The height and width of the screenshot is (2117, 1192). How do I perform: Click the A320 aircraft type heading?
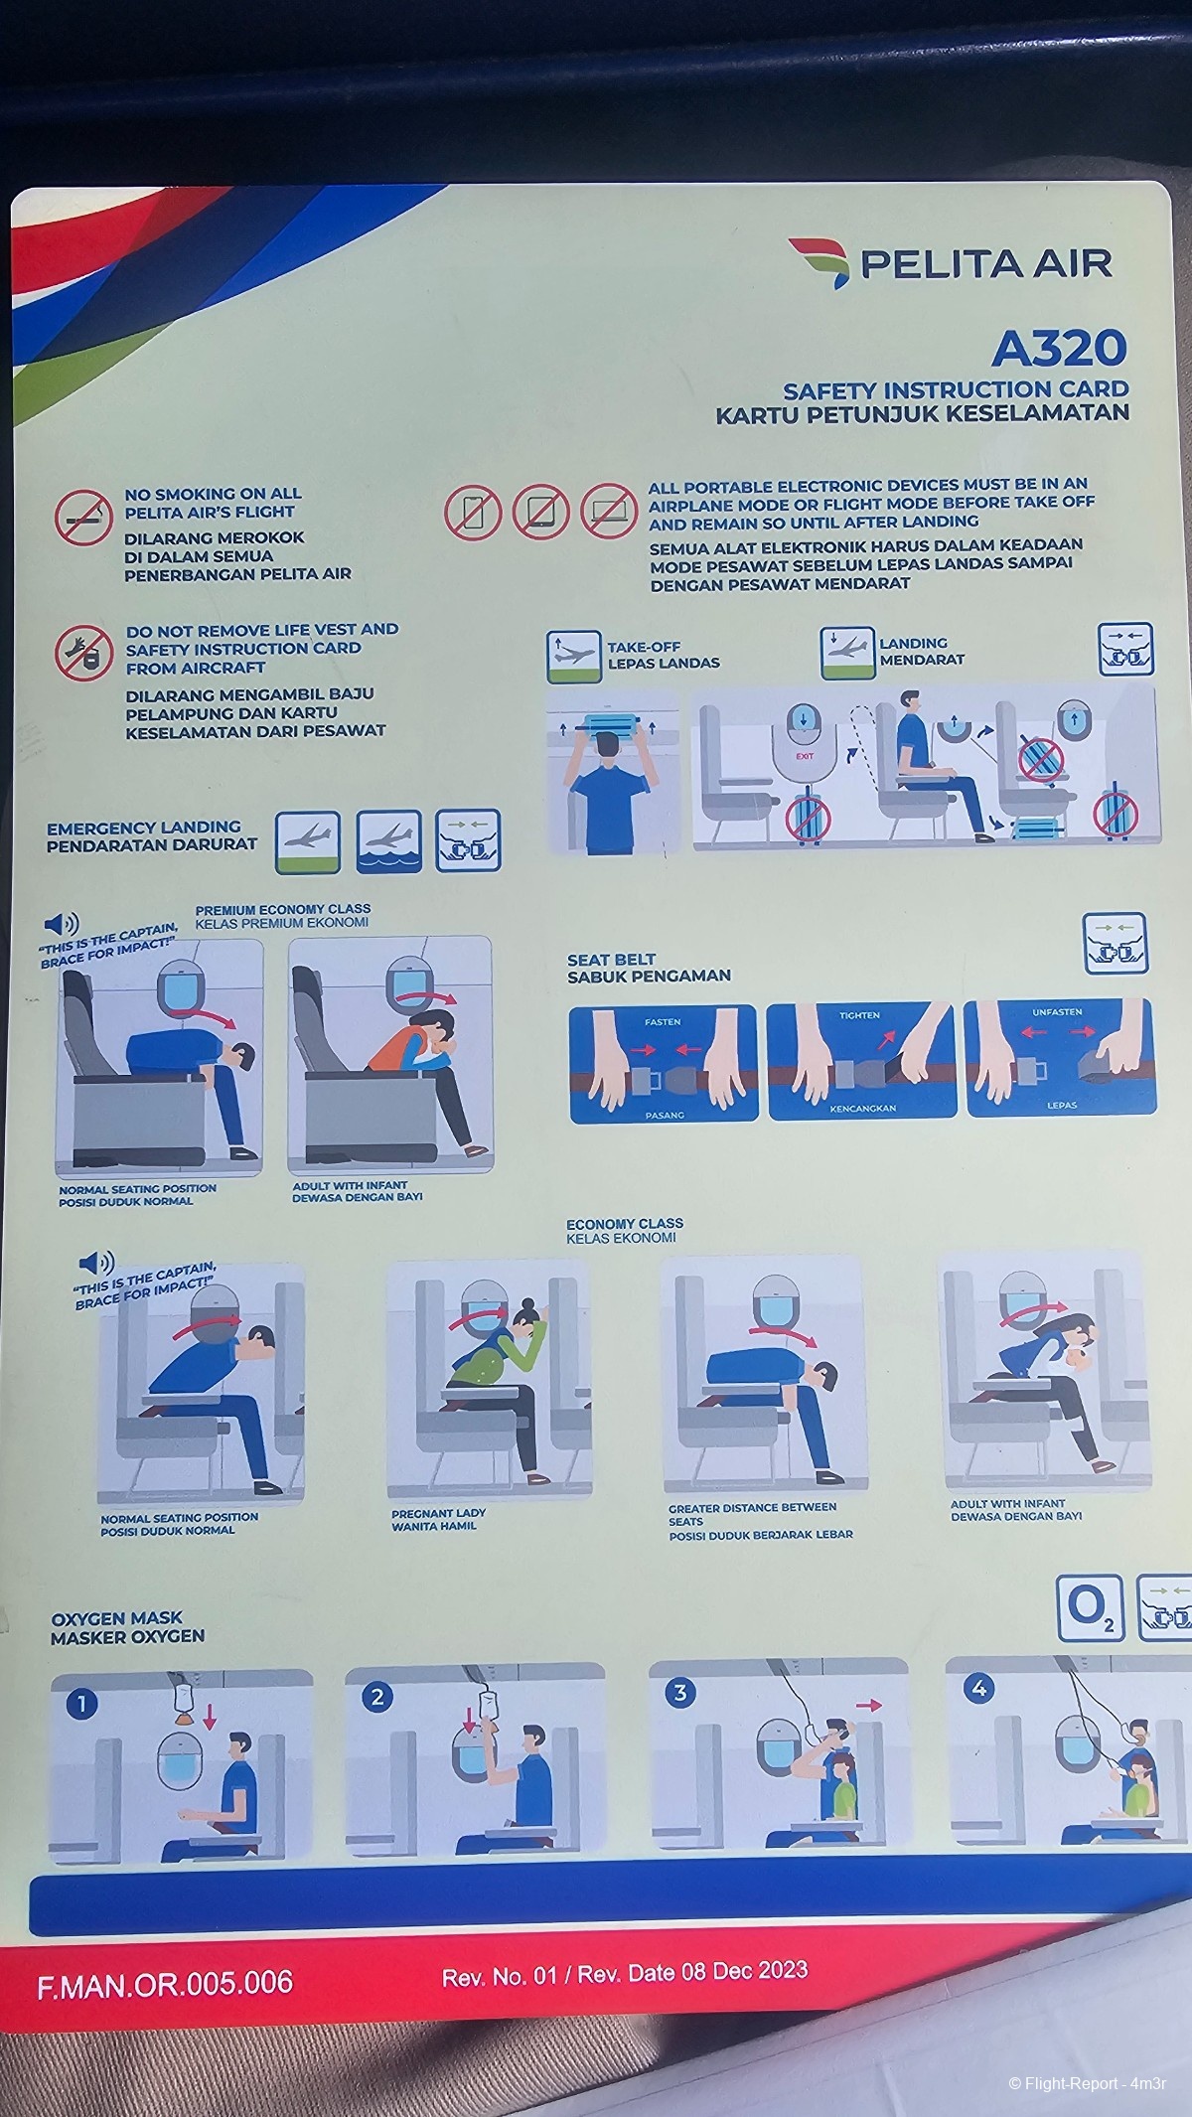[1059, 349]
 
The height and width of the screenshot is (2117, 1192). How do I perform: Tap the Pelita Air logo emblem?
[819, 261]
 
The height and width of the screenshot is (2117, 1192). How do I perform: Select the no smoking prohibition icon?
[83, 517]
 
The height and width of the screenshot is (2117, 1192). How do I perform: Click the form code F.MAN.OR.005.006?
[165, 1983]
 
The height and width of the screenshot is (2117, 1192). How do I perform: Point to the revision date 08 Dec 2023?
[744, 1971]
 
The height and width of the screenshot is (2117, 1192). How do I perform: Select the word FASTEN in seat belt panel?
[663, 1021]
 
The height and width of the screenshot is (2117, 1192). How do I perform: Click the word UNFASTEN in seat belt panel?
[1057, 1012]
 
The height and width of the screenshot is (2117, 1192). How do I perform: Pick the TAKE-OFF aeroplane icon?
[574, 657]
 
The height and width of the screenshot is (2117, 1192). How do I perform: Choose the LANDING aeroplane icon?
[847, 653]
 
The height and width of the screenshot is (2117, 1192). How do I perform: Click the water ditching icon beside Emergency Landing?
[388, 841]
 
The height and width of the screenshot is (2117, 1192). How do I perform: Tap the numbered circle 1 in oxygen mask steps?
[81, 1704]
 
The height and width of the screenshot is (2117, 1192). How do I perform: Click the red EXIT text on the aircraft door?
[804, 756]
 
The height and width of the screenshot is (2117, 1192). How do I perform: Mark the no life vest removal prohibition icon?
[83, 653]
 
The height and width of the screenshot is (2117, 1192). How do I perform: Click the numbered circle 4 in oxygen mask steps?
[979, 1688]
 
